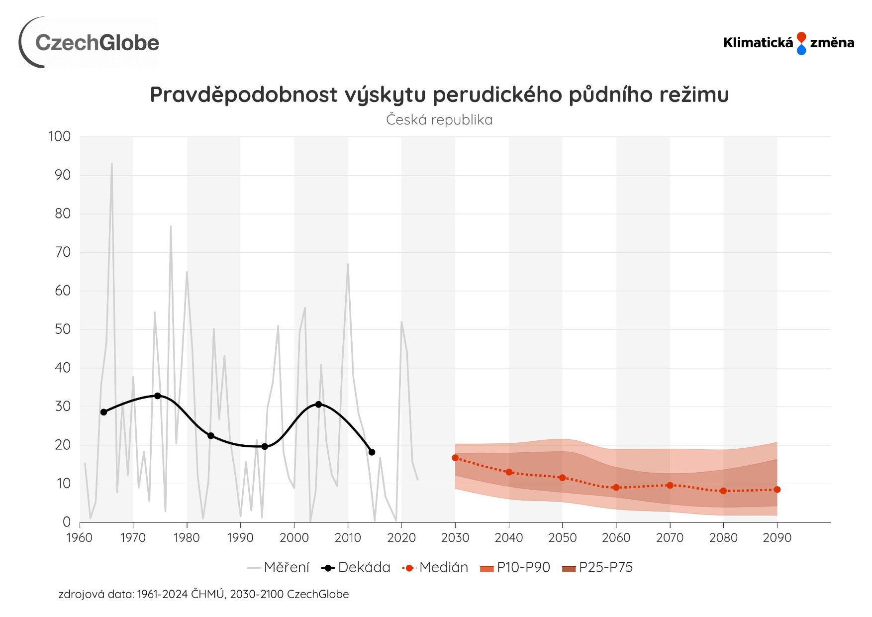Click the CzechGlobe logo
coord(90,43)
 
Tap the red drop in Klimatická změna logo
coord(801,37)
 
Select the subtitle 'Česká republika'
coord(439,120)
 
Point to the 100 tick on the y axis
coord(60,136)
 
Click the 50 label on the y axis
coord(63,329)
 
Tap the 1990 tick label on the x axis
coord(240,538)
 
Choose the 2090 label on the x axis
coord(777,538)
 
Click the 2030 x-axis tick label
coord(455,538)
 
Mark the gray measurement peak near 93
coord(111,164)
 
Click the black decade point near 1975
coord(158,396)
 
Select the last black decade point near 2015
coord(372,452)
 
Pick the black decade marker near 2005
coord(318,405)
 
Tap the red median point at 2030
coord(455,458)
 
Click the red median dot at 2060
coord(616,488)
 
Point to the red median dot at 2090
coord(777,490)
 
